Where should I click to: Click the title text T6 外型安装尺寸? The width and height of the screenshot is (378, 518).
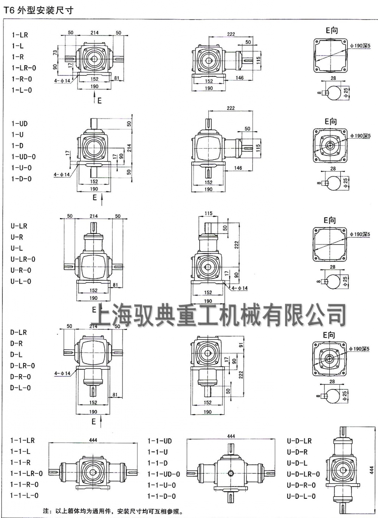click(x=38, y=10)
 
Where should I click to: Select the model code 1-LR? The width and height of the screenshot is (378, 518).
click(x=20, y=35)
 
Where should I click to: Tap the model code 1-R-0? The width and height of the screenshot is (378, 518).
click(x=22, y=79)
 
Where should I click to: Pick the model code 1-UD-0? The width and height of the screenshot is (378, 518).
click(x=23, y=157)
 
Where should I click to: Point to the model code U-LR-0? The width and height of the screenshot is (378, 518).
click(x=23, y=260)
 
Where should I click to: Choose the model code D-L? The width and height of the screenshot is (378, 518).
click(x=16, y=355)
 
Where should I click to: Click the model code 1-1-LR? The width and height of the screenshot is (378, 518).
click(x=22, y=441)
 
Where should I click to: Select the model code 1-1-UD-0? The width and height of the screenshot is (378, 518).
click(x=163, y=474)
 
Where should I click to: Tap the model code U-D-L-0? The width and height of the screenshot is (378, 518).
click(x=301, y=496)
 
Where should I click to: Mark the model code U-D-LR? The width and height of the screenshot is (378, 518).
click(x=299, y=441)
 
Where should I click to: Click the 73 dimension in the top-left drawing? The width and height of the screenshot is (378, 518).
click(x=55, y=53)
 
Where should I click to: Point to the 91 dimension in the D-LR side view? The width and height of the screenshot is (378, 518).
click(x=241, y=344)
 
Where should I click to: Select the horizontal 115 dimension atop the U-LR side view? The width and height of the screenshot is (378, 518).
click(x=208, y=214)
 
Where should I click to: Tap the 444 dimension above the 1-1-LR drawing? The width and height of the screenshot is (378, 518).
click(x=93, y=440)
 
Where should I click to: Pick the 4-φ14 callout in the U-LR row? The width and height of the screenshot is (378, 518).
click(x=240, y=288)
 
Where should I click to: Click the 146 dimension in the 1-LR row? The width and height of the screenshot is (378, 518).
click(x=240, y=78)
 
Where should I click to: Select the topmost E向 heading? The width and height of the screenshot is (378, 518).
click(x=332, y=31)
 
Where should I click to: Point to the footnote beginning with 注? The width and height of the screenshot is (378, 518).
click(x=113, y=512)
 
